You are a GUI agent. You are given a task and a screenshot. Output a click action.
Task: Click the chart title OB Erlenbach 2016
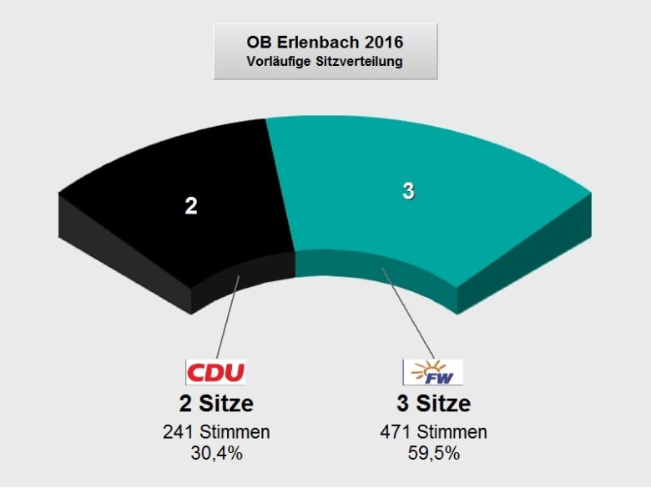click(325, 41)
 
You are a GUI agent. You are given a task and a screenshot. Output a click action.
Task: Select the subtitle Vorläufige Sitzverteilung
click(325, 61)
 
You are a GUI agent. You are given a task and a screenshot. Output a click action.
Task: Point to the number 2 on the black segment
click(191, 206)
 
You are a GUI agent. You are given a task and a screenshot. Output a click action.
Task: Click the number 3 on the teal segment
click(408, 191)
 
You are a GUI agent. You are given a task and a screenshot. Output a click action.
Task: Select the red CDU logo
click(214, 371)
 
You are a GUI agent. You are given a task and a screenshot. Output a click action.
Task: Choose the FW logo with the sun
click(432, 371)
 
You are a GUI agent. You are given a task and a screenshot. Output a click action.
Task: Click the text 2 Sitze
click(214, 404)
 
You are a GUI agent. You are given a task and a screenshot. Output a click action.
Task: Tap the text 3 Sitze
click(432, 404)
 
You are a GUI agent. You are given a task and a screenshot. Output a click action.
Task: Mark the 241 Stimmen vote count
click(214, 432)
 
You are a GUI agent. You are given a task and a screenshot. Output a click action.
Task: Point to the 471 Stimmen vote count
click(432, 432)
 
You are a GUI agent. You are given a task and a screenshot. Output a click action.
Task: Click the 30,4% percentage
click(214, 453)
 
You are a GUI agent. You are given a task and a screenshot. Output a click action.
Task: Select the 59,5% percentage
click(432, 453)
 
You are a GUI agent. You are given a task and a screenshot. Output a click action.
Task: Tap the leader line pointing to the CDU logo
click(227, 317)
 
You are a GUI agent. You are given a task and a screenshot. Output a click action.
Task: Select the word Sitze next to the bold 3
click(444, 404)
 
